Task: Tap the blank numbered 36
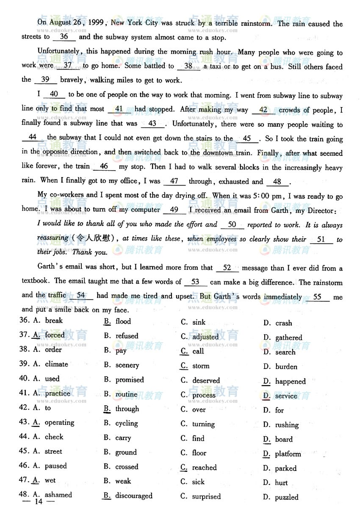point(64,37)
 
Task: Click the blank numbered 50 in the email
point(232,225)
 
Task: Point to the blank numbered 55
point(317,297)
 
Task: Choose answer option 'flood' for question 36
point(123,321)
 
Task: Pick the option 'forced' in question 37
point(55,335)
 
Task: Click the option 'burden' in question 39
point(286,367)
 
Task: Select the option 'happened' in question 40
point(290,382)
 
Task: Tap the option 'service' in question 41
point(286,396)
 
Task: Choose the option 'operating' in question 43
point(59,423)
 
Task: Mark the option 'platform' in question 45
point(288,454)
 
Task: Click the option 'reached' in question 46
point(204,468)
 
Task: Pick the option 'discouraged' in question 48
point(133,496)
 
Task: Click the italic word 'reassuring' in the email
point(53,238)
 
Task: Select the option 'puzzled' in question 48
point(286,497)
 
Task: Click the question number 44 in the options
point(24,437)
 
